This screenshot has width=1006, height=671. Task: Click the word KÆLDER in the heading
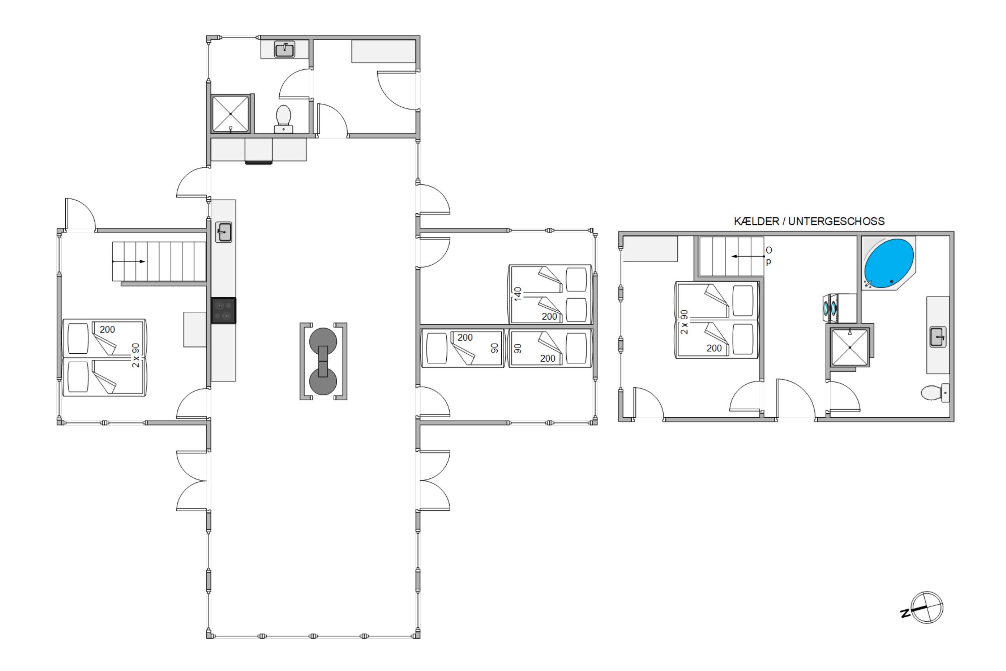(x=756, y=221)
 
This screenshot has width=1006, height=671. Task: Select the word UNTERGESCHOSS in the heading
(x=836, y=221)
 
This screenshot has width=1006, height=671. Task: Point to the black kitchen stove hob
(x=223, y=311)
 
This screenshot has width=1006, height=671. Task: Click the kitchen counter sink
(x=224, y=232)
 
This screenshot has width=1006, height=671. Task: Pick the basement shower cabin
(x=850, y=347)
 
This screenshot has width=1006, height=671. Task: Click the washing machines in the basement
(x=840, y=308)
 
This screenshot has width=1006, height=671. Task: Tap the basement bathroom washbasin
(x=938, y=337)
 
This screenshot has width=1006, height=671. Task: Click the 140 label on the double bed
(x=517, y=294)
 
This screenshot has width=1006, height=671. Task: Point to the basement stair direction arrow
(x=748, y=256)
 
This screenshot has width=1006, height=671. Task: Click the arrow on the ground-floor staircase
(x=128, y=261)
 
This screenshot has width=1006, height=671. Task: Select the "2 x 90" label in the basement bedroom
(x=684, y=322)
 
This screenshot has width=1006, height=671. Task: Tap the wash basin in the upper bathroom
(x=284, y=50)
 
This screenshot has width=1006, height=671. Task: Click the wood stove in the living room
(x=323, y=362)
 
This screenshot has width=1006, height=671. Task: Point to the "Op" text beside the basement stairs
(x=769, y=255)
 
